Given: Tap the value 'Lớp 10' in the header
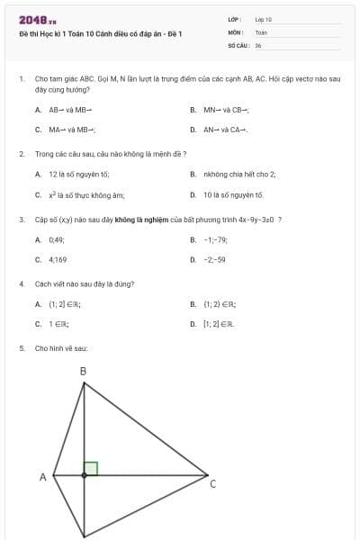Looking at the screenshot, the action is pos(264,19).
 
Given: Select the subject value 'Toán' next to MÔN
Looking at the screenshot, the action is pos(261,31).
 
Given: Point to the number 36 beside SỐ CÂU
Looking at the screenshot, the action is pos(258,44).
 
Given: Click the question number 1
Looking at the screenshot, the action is pos(21,79).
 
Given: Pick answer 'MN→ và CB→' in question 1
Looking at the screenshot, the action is pos(226,110).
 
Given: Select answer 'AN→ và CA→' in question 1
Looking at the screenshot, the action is pos(225,130).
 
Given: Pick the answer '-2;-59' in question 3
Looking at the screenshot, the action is pos(214,259).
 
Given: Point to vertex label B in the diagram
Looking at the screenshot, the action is pos(83,371).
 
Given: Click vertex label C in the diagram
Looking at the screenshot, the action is pos(212,484).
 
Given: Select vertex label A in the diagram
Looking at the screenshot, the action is pos(42,477).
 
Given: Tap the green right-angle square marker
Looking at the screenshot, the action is pos(90,468).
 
